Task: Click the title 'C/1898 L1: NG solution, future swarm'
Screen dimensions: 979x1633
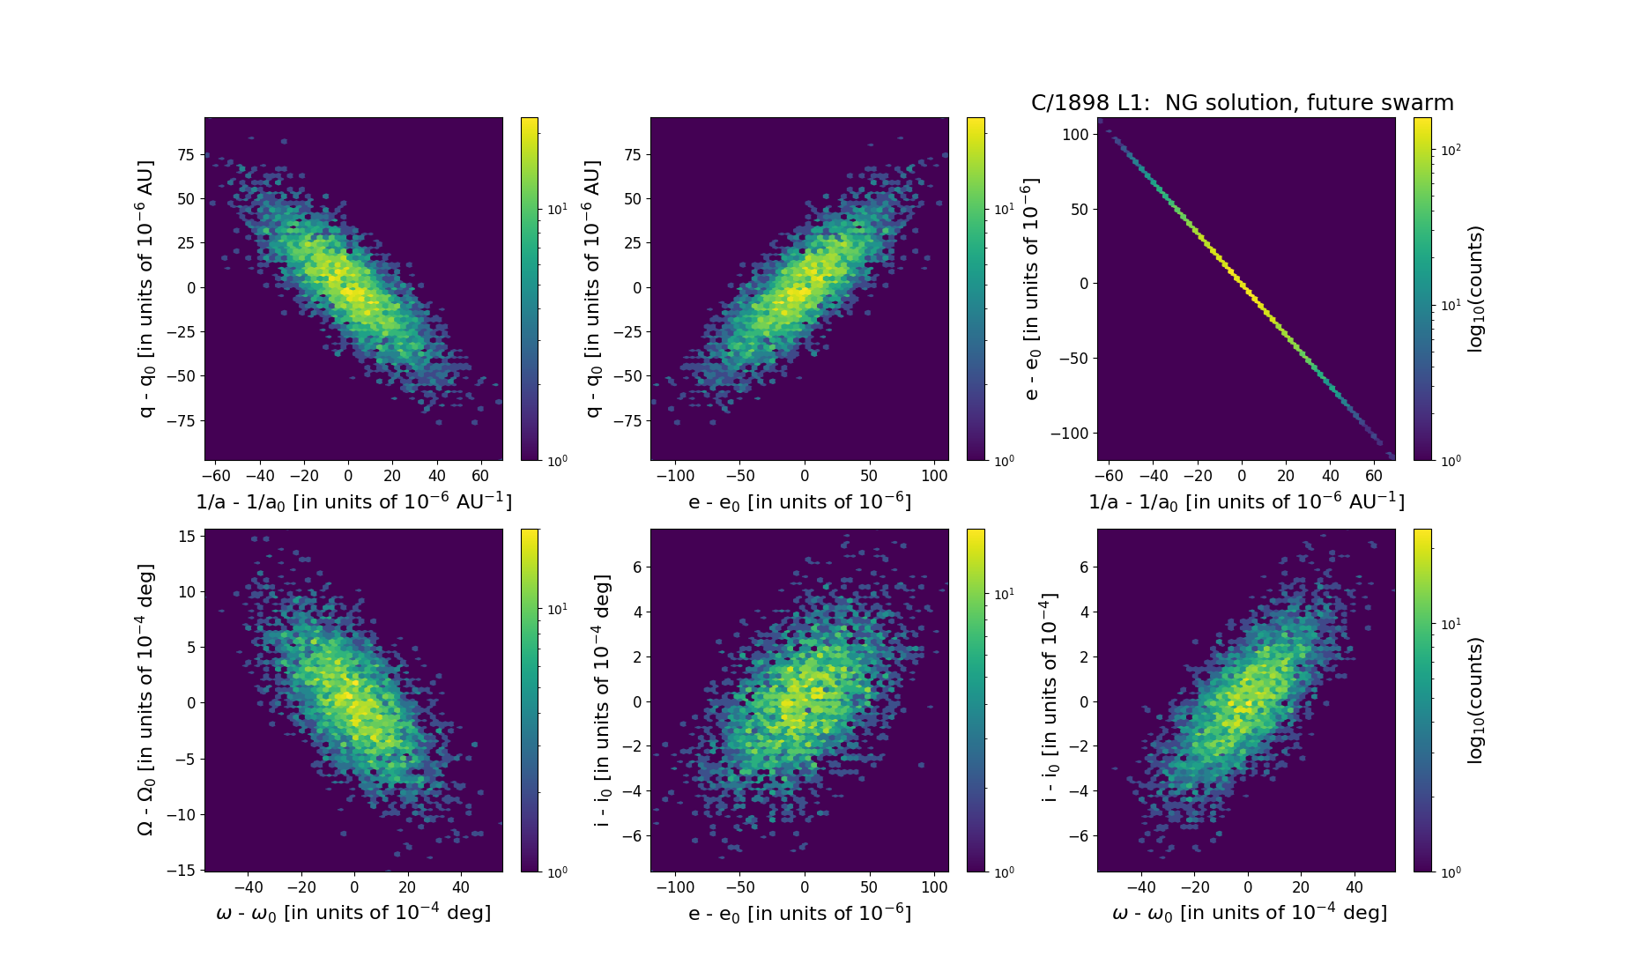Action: (1242, 103)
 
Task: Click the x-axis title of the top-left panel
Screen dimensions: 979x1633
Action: (353, 501)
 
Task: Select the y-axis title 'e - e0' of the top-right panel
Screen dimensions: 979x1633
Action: (1032, 289)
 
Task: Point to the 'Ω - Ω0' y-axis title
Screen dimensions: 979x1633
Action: (146, 700)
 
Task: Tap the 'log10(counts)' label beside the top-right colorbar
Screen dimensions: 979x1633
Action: (1475, 289)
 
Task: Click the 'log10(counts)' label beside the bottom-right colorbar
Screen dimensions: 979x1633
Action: (1475, 700)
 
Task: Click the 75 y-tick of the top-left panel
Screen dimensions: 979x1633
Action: (186, 155)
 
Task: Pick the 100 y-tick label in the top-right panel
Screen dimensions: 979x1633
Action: (1073, 134)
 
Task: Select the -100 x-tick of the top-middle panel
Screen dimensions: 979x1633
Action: (675, 476)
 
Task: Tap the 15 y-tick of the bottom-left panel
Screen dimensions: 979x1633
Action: (187, 536)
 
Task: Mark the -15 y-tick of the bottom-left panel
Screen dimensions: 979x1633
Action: (182, 871)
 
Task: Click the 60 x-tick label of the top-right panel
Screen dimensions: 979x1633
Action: (1374, 476)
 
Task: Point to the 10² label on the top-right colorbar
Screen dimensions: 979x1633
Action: (1451, 150)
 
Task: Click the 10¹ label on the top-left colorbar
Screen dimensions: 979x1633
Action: (558, 209)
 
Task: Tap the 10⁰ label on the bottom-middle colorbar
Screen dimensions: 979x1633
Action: (1004, 871)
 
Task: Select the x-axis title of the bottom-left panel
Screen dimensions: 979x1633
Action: (353, 913)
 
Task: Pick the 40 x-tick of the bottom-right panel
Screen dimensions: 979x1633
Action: (1355, 887)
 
